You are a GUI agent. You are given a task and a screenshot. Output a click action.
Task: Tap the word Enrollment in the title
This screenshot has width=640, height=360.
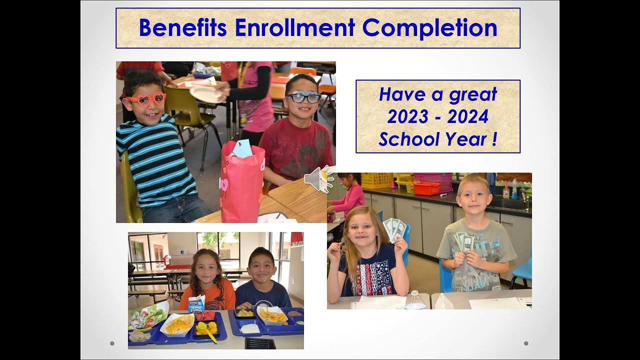pos(294,28)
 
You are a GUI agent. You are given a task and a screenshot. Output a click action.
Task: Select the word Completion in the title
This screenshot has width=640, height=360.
pos(430,28)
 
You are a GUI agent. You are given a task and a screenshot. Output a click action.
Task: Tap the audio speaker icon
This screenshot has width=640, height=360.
pos(318,179)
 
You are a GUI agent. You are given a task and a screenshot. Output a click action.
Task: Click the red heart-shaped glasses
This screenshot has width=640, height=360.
pos(145,100)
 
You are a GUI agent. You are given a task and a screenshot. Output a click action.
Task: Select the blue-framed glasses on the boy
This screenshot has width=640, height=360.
pos(302,97)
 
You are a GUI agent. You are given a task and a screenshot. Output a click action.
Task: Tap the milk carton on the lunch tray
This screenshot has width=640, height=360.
pos(196,303)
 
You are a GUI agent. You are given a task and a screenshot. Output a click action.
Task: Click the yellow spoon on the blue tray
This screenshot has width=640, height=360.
pos(207,331)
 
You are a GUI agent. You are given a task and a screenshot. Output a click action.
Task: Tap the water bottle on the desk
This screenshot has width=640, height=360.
pos(415,300)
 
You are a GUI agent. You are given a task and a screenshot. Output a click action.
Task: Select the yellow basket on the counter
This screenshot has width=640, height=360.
pos(377,180)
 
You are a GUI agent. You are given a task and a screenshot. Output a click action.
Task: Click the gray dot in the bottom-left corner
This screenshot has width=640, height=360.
pos(112,343)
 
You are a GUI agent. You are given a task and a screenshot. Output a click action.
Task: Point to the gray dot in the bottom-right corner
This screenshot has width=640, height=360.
pos(526,343)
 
